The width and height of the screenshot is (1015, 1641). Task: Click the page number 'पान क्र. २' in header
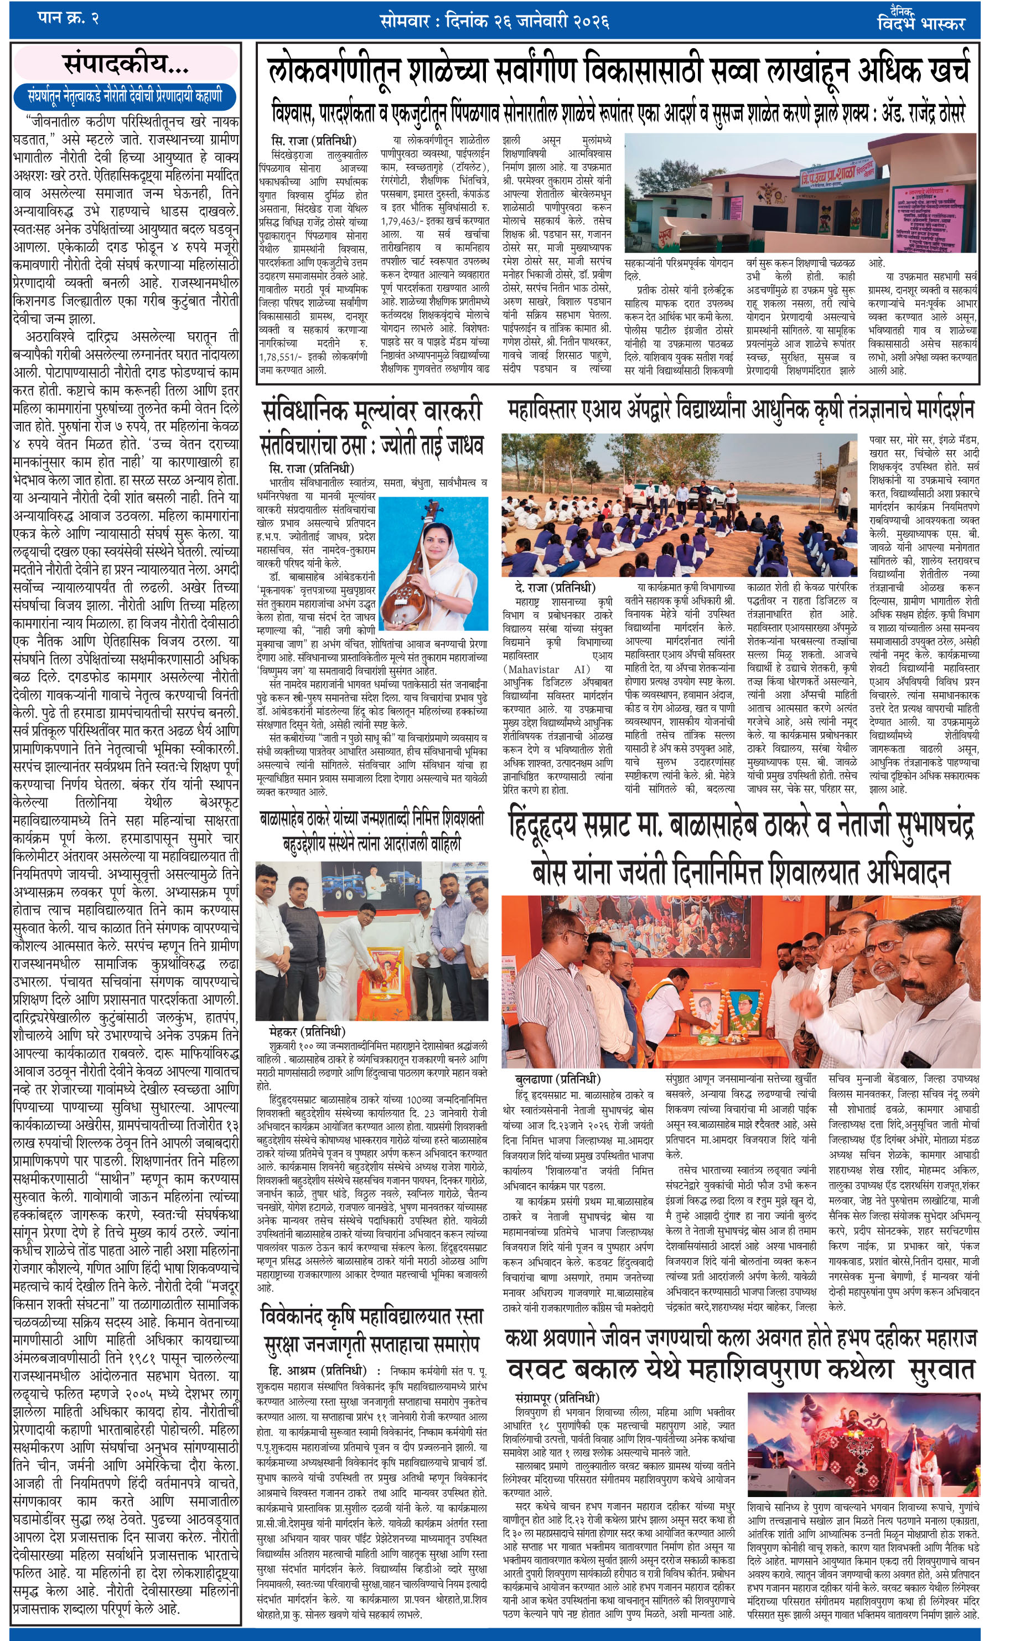68,19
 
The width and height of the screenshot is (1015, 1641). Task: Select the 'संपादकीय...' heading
126,64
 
